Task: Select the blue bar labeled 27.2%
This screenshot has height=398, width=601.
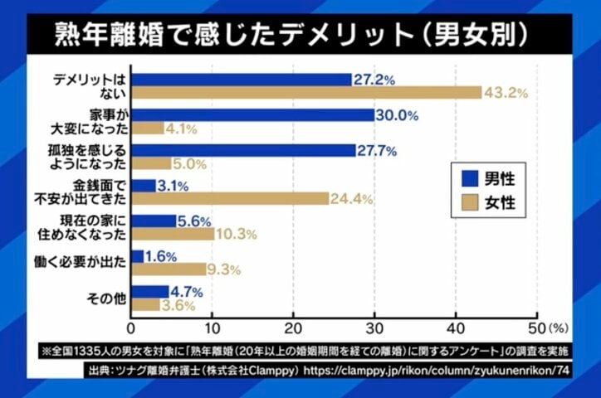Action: (x=242, y=80)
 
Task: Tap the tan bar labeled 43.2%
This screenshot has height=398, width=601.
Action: (x=306, y=93)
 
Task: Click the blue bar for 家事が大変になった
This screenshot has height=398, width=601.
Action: (x=252, y=115)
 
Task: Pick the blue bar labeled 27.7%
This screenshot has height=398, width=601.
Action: (x=243, y=151)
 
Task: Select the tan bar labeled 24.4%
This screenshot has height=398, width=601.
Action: (x=230, y=199)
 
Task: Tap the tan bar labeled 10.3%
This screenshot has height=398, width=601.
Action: (x=173, y=235)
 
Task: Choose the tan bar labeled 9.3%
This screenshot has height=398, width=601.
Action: (x=169, y=269)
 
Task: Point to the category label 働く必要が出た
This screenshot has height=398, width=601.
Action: (x=83, y=262)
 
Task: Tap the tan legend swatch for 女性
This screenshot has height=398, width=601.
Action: (x=467, y=202)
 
